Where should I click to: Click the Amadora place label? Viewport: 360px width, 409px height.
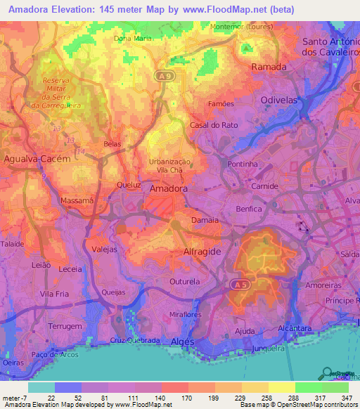coord(169,188)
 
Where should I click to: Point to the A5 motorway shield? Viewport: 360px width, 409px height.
coord(239,283)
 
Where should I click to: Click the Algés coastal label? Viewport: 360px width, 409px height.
coord(182,341)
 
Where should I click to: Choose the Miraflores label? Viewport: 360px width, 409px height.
coord(185,315)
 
